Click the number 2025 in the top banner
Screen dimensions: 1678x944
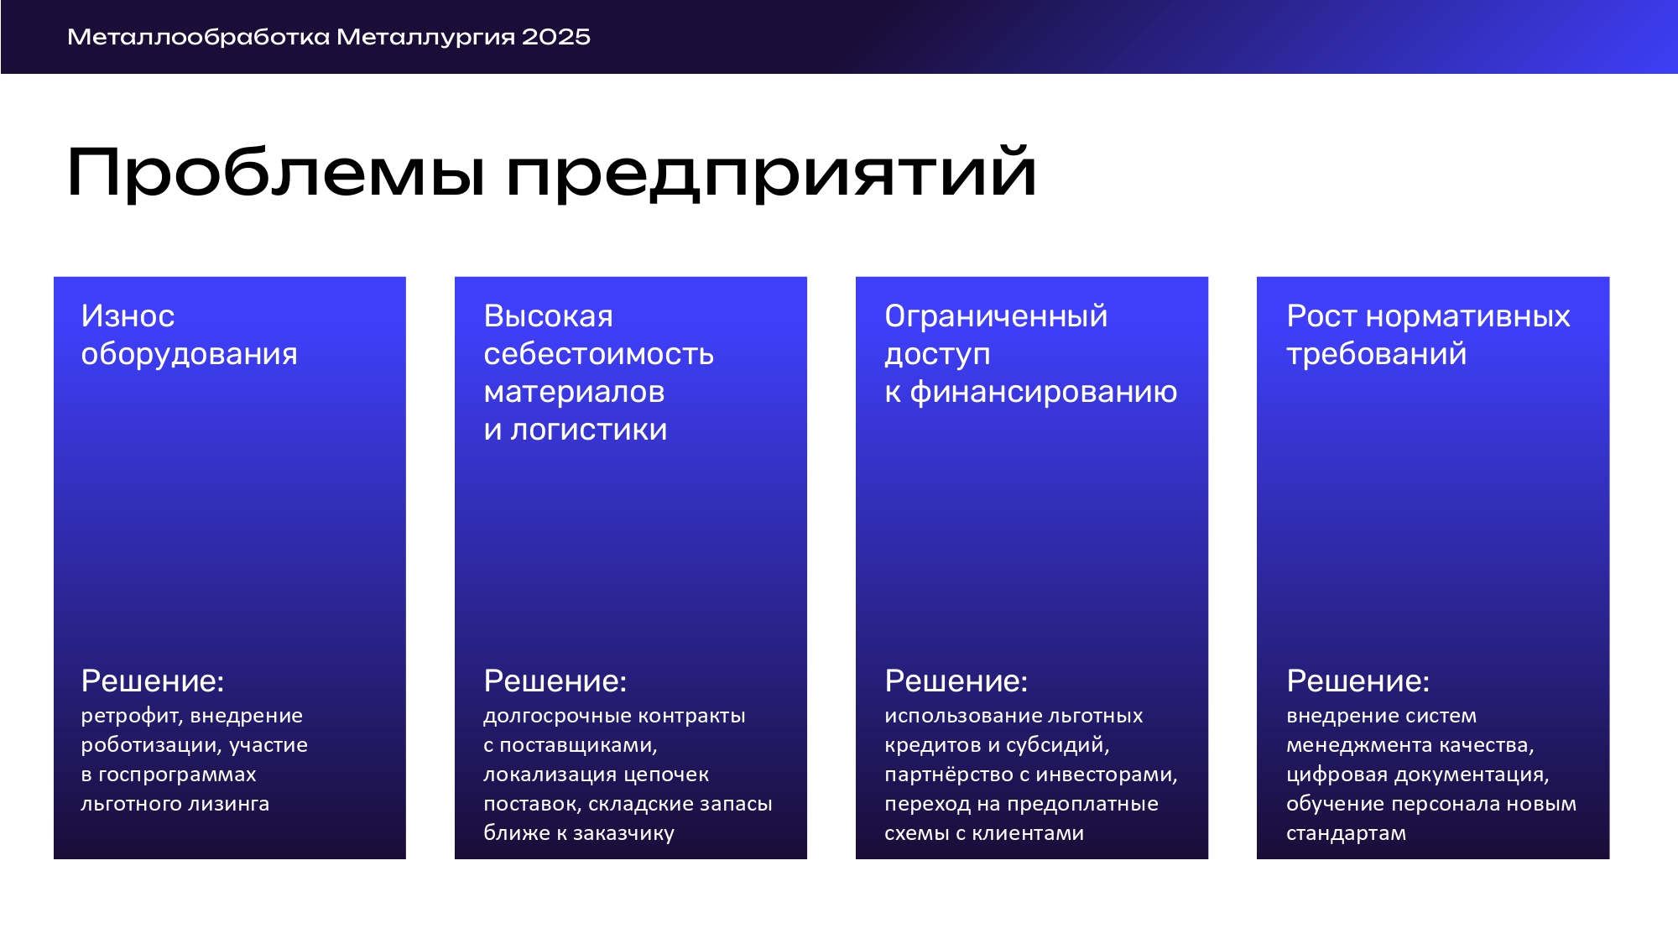coord(555,37)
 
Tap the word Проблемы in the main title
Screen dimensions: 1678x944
coord(276,172)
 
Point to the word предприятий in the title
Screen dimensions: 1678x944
coord(771,172)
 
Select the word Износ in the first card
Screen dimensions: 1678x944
coord(128,316)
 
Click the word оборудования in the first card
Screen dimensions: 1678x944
coord(189,355)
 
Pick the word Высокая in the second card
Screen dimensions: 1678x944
coord(549,316)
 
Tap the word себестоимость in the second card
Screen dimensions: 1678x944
coord(599,354)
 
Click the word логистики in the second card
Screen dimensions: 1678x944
coord(589,430)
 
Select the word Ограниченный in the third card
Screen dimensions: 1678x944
coord(996,316)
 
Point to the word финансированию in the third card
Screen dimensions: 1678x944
coord(1044,393)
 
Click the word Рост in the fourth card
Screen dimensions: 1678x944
coord(1321,316)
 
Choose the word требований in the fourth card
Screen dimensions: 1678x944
coord(1377,354)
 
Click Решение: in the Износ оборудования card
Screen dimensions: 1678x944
coord(153,681)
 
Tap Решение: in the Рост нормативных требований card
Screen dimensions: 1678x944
coord(1358,681)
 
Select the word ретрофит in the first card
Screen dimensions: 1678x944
coord(133,717)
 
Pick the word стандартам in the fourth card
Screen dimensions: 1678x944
coord(1346,834)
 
